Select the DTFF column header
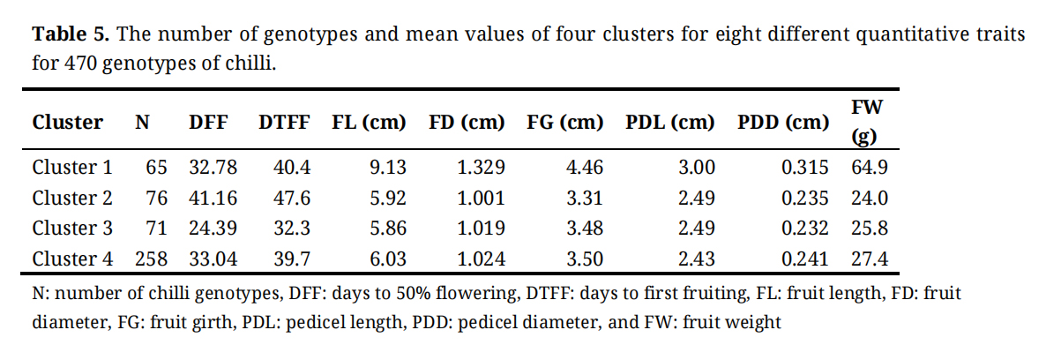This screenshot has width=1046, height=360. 283,123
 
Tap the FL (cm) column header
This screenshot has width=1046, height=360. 369,123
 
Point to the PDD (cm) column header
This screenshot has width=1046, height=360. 782,123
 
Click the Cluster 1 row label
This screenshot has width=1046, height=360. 72,168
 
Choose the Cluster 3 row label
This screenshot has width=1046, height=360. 72,228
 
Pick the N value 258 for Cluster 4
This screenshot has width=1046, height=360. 151,259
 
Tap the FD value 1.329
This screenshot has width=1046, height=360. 482,168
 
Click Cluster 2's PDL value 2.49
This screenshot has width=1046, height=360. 696,198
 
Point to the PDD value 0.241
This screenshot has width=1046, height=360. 804,259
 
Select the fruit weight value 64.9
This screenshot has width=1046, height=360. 869,168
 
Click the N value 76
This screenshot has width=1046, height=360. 156,198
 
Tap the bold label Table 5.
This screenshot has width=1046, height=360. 71,35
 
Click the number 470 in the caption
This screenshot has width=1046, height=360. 82,64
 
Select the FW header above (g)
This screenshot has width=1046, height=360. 868,107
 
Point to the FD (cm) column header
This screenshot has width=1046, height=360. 467,123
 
